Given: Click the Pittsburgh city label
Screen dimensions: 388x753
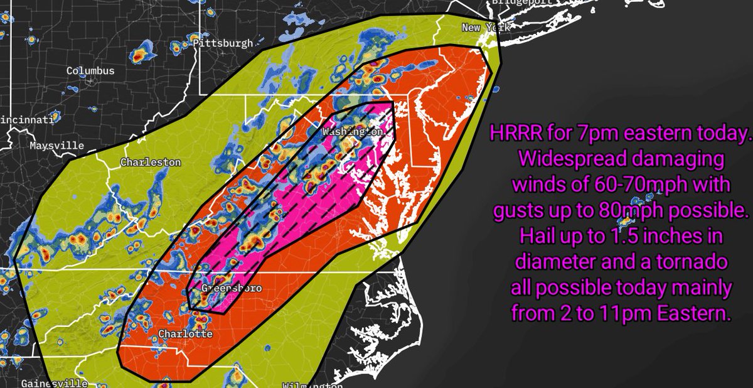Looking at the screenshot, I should tap(223, 43).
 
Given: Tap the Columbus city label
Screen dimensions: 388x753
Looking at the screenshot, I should tap(90, 71).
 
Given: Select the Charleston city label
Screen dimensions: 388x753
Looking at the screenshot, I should tap(151, 163).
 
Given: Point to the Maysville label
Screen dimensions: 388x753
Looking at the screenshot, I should tap(56, 146).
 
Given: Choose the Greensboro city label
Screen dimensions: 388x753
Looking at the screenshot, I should tap(232, 288).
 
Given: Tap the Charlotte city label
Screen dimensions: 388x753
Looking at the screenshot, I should tap(185, 334).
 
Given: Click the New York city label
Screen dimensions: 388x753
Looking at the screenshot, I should tap(482, 28).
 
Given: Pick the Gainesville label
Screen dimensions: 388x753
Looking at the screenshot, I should tap(54, 382).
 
